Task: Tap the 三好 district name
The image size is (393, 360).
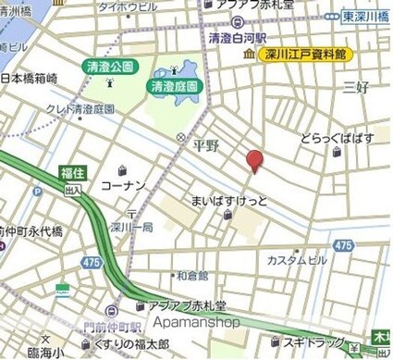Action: (356, 88)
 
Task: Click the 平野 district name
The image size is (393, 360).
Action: (205, 145)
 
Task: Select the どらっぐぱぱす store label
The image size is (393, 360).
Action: (337, 139)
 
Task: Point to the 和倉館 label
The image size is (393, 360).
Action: (192, 275)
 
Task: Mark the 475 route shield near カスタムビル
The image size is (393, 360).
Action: (343, 244)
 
